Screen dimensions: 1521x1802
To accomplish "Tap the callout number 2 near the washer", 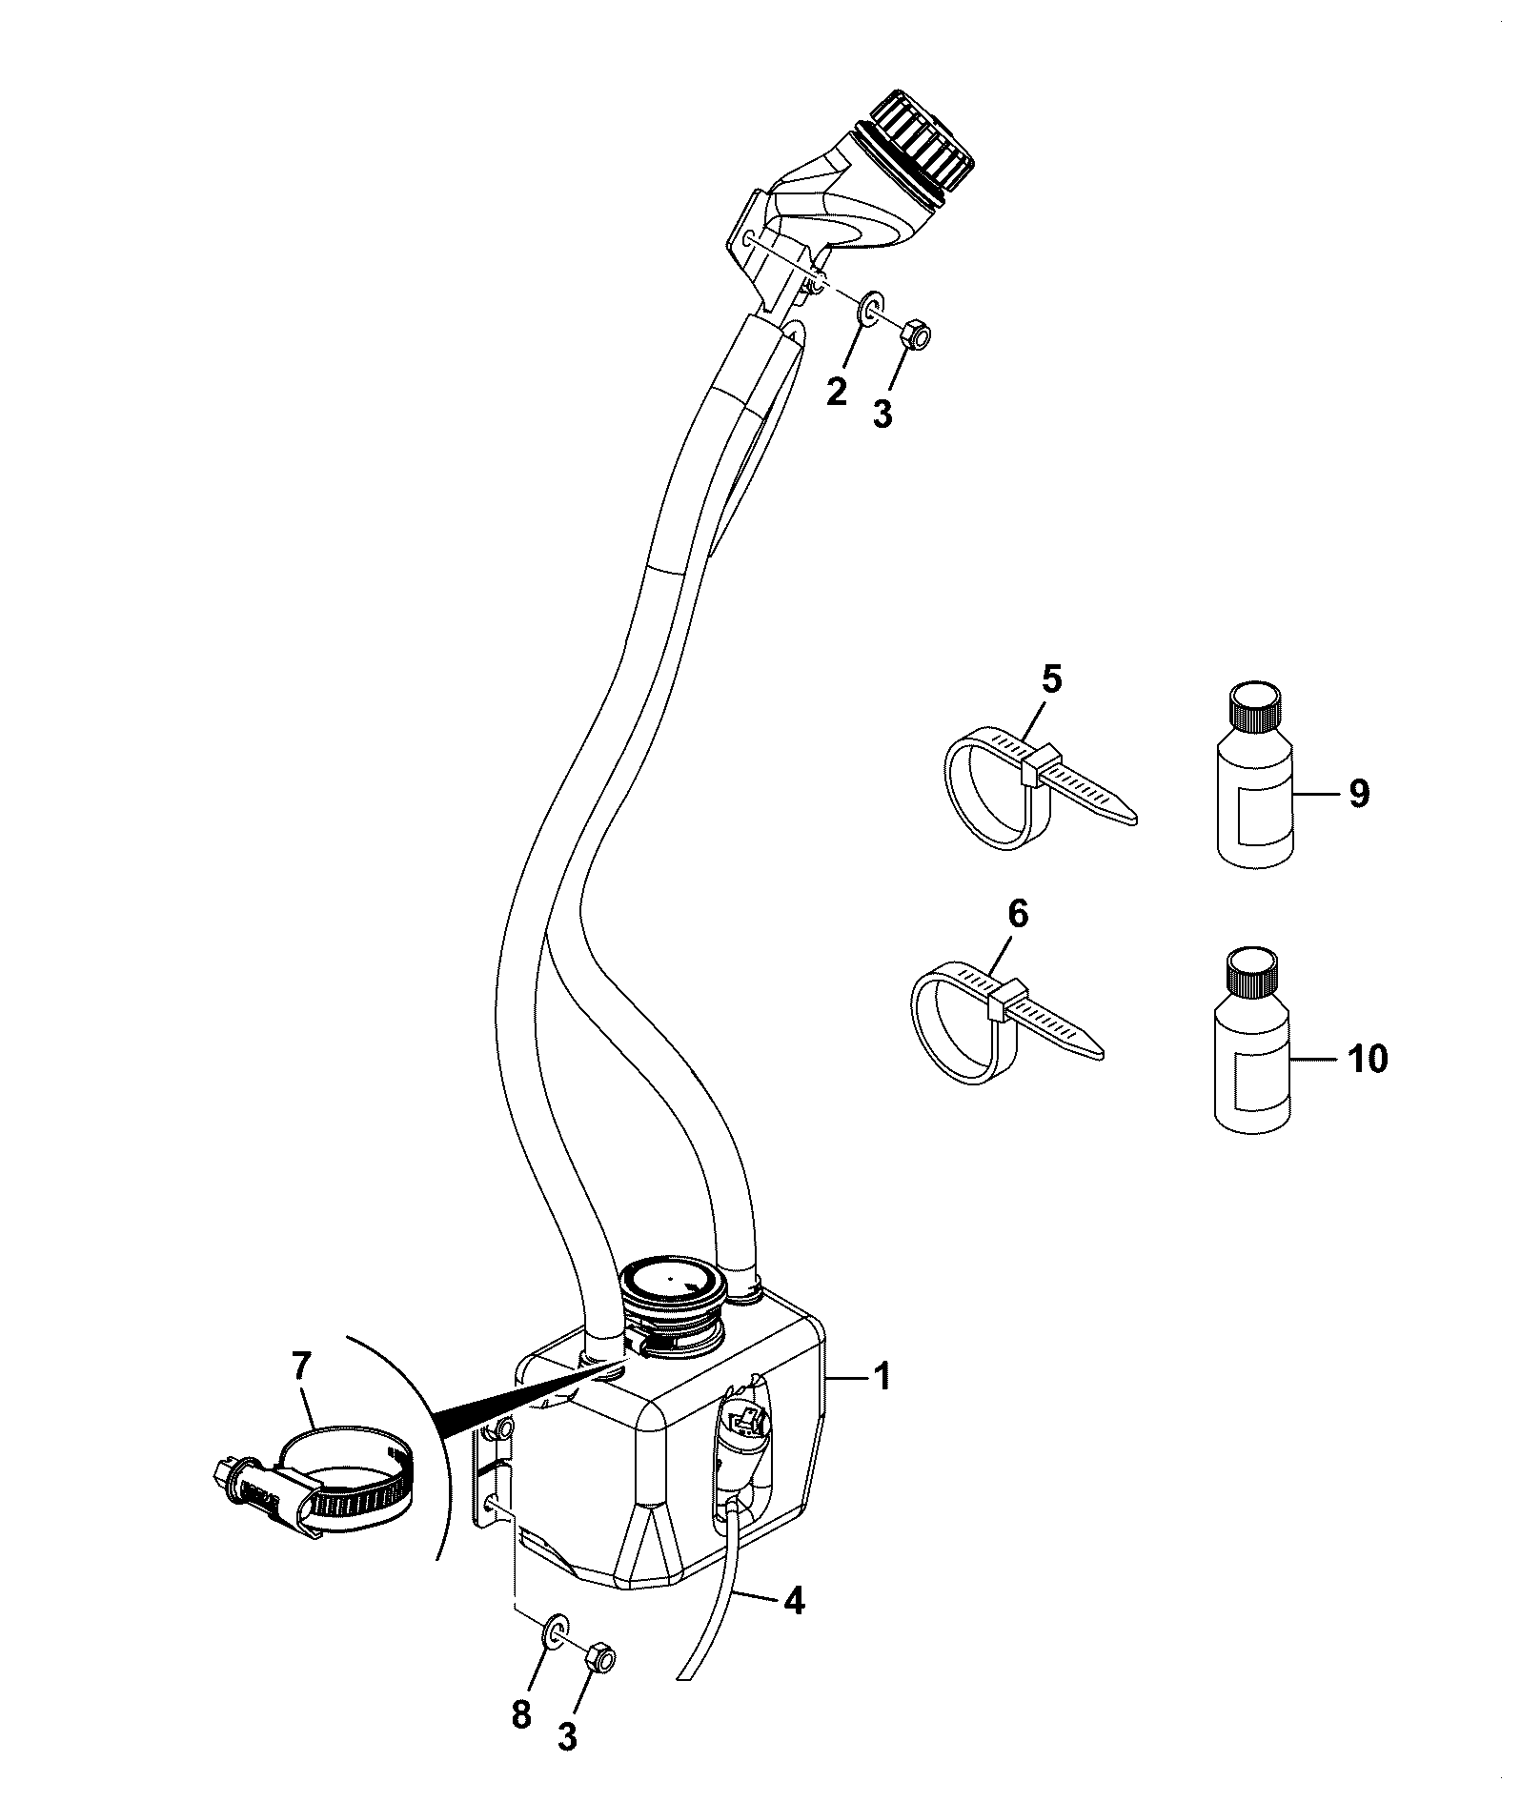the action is [836, 391].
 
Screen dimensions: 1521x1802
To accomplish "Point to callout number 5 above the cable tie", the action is [1051, 679].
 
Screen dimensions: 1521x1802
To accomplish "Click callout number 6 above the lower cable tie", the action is [1018, 914].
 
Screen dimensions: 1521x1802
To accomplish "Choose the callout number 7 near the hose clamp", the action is [301, 1367].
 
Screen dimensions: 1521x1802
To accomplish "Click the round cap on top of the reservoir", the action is [672, 1285].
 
